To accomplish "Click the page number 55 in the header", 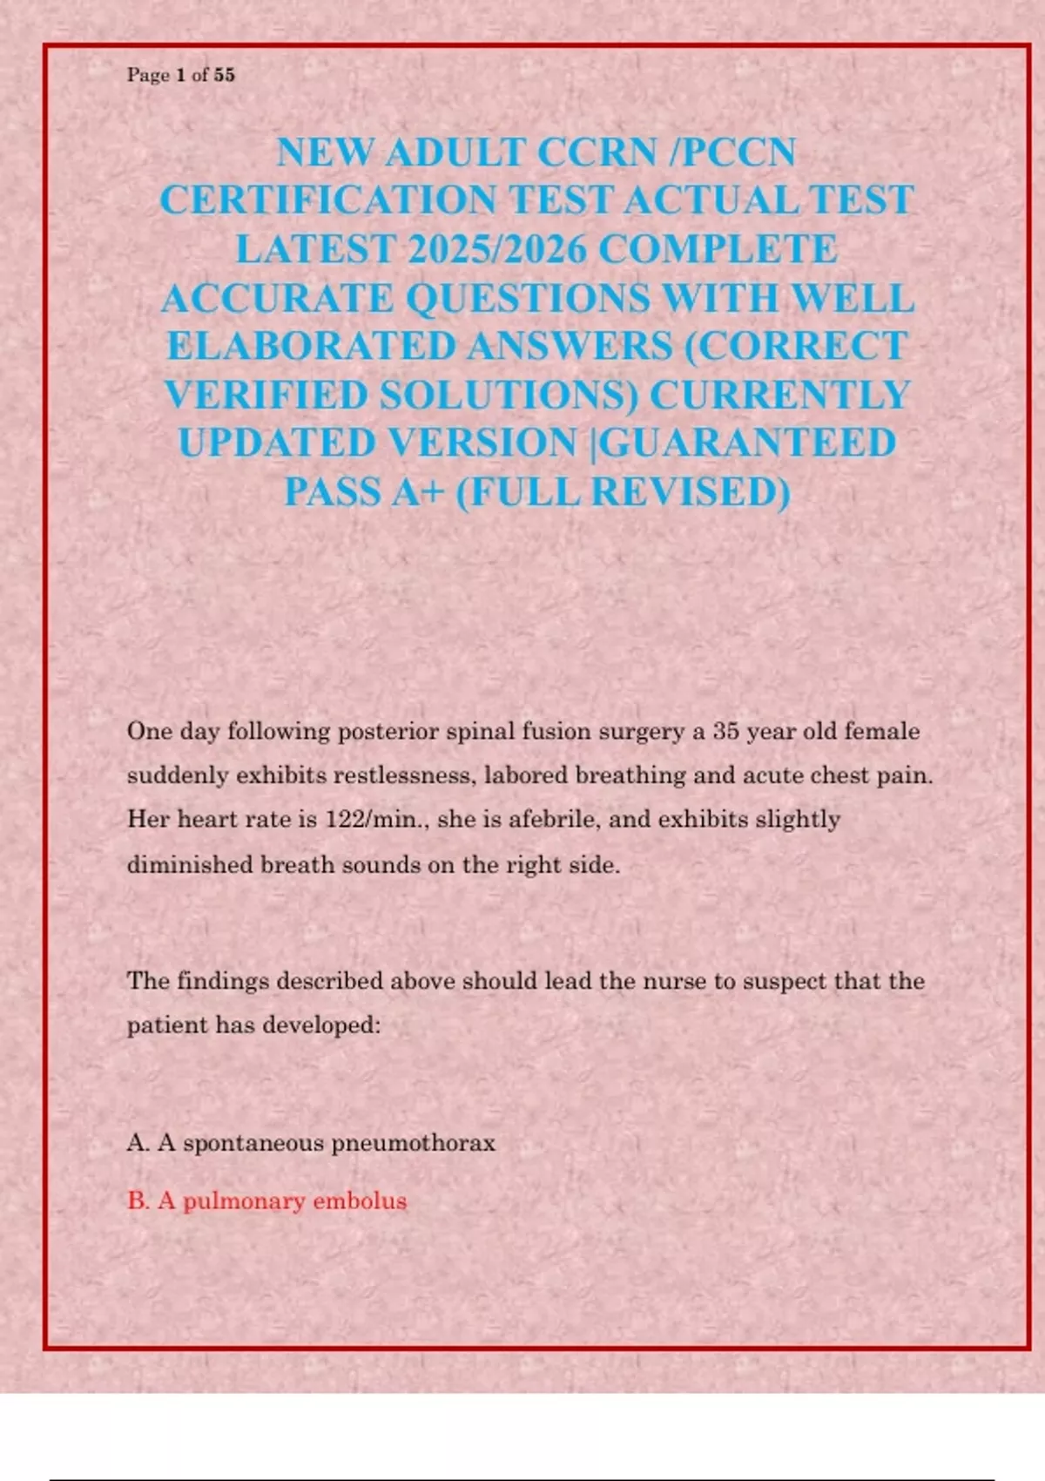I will point(224,75).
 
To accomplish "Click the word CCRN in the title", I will point(597,153).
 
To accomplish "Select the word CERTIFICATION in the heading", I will point(327,201).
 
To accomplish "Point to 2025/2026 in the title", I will point(497,250).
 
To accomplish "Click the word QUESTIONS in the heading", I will point(528,299).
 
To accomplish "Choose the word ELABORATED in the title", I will point(311,347).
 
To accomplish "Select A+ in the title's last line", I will point(417,492).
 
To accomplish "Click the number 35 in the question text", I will point(725,731).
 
